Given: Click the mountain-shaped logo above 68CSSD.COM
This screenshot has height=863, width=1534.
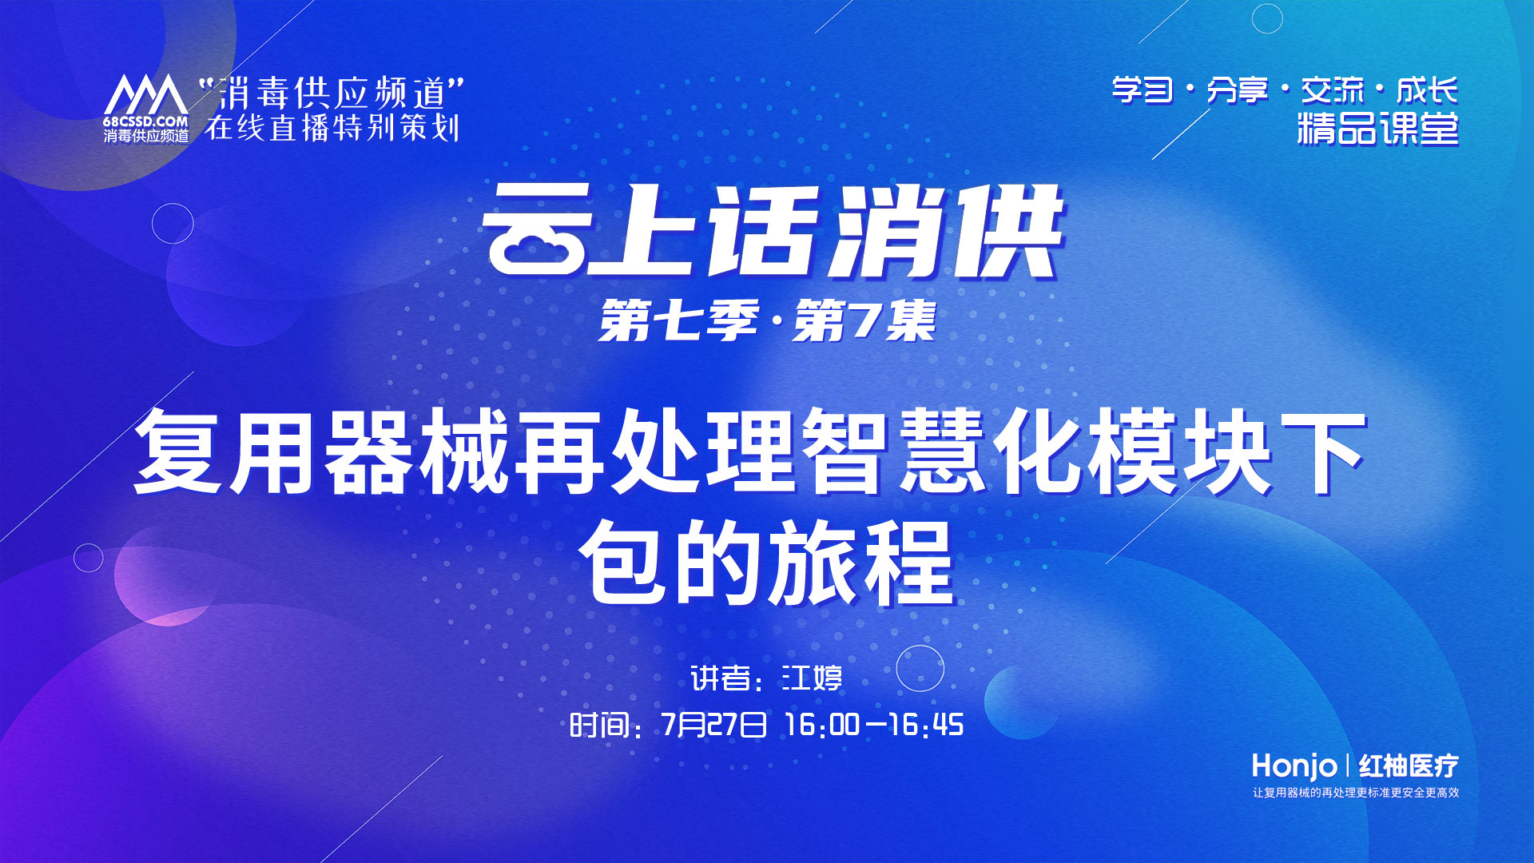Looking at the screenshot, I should click(x=145, y=96).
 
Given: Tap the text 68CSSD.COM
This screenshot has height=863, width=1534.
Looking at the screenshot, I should click(x=145, y=122).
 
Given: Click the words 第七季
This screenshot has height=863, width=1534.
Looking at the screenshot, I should click(x=678, y=321).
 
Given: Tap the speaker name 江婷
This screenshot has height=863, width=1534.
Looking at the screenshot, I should click(x=812, y=678).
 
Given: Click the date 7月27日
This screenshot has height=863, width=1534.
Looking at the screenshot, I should click(x=713, y=725).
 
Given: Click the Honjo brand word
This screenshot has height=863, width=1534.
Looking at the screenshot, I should click(x=1294, y=766).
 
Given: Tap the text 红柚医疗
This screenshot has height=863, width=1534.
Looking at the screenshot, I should click(x=1408, y=766).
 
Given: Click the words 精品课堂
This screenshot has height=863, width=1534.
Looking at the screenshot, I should click(x=1377, y=129).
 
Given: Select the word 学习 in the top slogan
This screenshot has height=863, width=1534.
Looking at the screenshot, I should click(x=1143, y=90).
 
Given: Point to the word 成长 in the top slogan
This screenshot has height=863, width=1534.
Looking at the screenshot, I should click(x=1427, y=90).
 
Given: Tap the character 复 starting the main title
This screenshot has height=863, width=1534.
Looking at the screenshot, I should click(x=177, y=451).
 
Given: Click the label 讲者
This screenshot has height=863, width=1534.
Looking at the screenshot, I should click(x=720, y=678).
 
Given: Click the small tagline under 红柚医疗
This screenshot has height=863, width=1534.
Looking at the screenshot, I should click(x=1355, y=793).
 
